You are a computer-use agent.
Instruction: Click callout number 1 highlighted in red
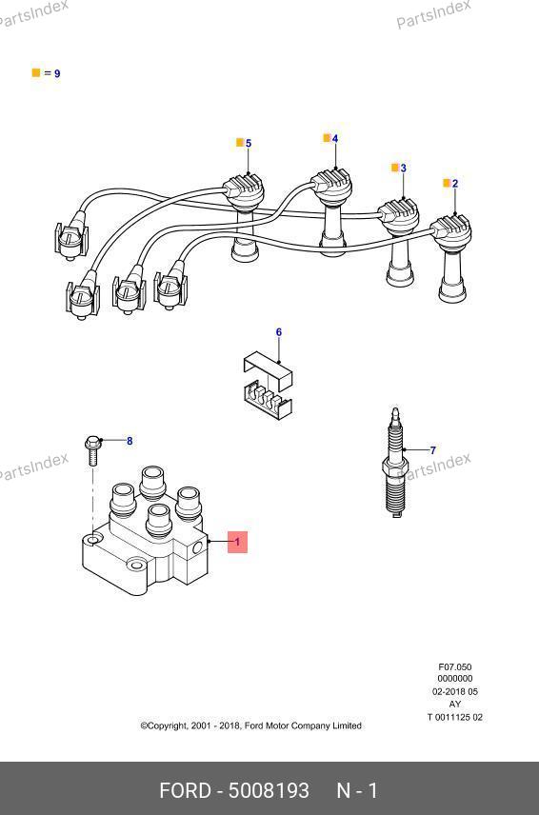237,542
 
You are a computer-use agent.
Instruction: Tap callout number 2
455,184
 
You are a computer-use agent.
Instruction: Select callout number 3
404,168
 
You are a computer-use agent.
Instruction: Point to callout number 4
335,139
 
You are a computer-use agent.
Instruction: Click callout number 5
249,144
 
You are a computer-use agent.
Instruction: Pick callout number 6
279,332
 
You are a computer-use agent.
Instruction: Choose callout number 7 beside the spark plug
433,450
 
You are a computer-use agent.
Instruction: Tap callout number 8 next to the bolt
130,441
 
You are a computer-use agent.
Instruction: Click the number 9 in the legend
57,74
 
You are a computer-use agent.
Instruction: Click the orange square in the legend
36,72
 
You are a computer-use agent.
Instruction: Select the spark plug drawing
395,463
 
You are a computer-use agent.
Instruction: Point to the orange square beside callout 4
327,138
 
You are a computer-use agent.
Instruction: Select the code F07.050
455,666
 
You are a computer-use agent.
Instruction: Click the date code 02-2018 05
455,692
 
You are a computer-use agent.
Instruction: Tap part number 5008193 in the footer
269,790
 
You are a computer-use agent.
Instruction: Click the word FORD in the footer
185,790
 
